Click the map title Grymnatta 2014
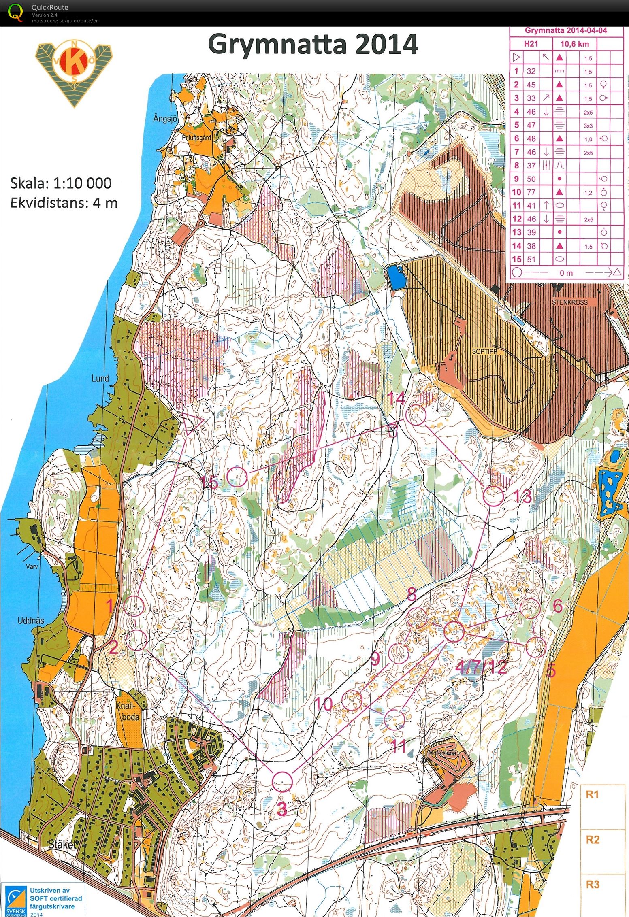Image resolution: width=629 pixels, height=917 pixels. point(313,45)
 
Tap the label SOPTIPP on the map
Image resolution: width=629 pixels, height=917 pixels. point(484,351)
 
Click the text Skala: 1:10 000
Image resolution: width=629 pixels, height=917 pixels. point(61,183)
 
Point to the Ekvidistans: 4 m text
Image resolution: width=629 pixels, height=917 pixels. point(64,202)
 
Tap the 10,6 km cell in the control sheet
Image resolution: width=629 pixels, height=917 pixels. point(580,44)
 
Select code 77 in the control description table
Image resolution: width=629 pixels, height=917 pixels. point(531,192)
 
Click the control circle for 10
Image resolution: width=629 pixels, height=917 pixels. point(352,701)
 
